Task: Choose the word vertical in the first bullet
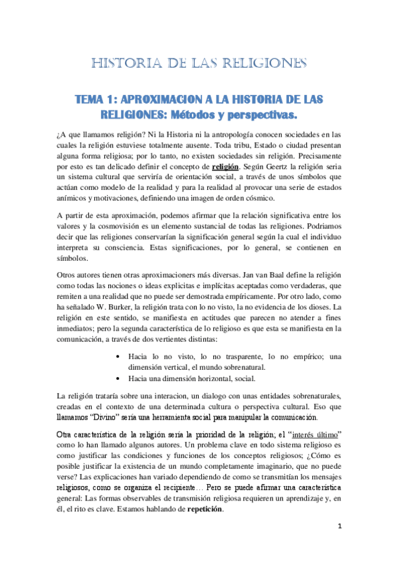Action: pyautogui.click(x=175, y=366)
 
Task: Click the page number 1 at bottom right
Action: pyautogui.click(x=338, y=544)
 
